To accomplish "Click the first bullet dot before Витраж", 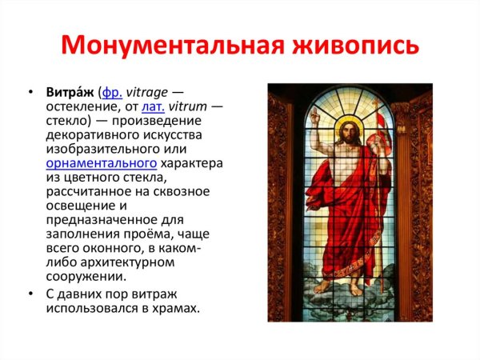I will (30, 94).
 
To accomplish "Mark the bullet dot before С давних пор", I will (30, 294).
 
